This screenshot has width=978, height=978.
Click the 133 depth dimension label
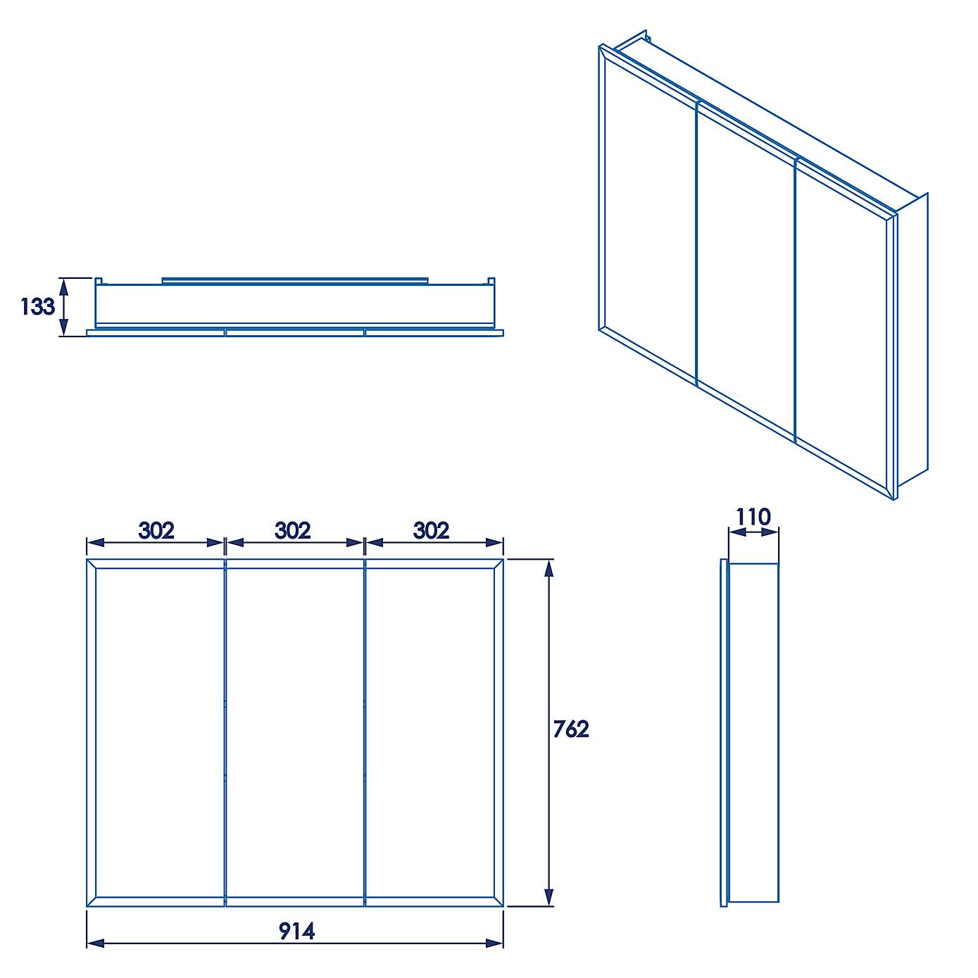pos(37,307)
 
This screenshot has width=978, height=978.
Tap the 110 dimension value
pos(753,518)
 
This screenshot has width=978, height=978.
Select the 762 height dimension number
pos(570,729)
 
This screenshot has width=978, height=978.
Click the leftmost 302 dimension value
pos(156,530)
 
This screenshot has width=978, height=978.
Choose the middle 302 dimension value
pos(293,530)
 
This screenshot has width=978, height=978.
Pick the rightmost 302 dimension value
pos(431,530)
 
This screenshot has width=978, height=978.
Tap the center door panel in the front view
pos(295,732)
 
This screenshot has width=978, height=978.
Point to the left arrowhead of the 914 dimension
pos(94,943)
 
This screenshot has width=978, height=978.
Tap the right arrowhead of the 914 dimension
pos(495,943)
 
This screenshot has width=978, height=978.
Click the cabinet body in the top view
pos(296,305)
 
